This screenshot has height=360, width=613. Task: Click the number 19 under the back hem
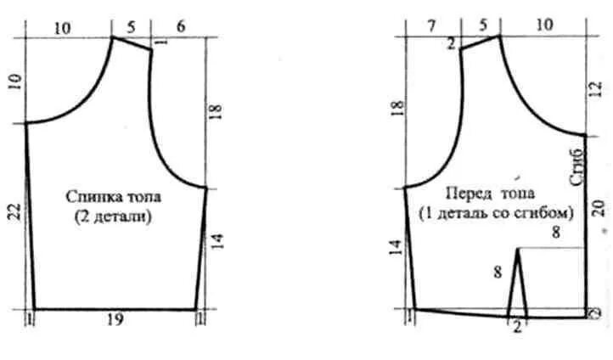(x=115, y=320)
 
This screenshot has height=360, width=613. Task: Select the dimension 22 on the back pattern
(x=15, y=212)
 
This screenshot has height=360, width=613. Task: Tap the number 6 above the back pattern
(x=181, y=26)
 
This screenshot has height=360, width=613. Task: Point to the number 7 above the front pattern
(x=431, y=26)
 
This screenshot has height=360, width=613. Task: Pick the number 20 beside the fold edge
(x=599, y=208)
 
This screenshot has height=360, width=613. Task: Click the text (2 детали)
(x=114, y=217)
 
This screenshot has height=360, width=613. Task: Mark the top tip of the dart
(x=518, y=248)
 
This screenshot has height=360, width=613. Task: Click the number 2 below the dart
(x=517, y=326)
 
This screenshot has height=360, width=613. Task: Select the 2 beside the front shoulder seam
(x=451, y=44)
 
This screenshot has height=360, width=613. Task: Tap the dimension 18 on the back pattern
(x=216, y=111)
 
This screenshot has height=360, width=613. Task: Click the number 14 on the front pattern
(x=396, y=248)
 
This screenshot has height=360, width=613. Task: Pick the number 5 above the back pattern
(x=131, y=27)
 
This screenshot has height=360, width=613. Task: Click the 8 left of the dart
(x=498, y=271)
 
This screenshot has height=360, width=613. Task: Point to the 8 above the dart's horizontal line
(x=555, y=233)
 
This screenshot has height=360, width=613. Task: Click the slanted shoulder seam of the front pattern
(x=480, y=42)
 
